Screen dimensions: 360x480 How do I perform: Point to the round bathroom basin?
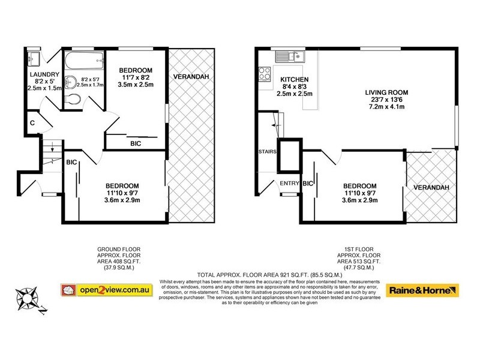click(71, 83)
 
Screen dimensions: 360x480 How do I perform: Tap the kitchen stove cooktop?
click(265, 74)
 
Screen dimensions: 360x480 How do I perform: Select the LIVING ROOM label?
click(387, 92)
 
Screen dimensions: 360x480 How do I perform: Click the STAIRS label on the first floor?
click(267, 152)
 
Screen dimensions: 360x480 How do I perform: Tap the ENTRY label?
click(289, 184)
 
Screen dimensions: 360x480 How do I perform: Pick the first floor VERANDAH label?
click(433, 187)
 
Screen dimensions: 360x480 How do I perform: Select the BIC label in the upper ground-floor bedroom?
click(136, 143)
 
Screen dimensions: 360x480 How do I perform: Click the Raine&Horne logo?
click(424, 290)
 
